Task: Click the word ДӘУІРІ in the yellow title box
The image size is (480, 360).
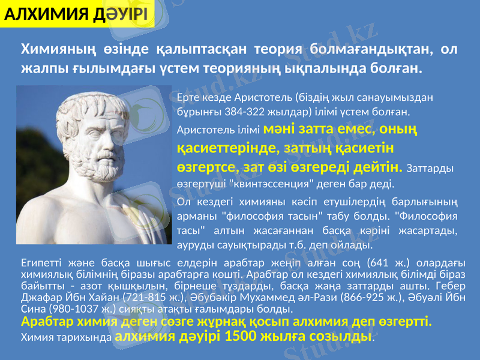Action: click(x=119, y=13)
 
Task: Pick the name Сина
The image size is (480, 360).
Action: click(x=31, y=308)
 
